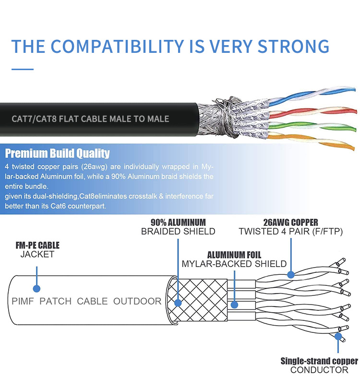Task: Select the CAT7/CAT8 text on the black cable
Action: (32, 118)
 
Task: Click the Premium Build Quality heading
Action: (57, 154)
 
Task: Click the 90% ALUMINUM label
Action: (178, 222)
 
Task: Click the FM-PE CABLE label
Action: (37, 245)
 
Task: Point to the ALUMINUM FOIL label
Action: (234, 255)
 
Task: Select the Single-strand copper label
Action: (319, 361)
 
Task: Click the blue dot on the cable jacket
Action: (36, 288)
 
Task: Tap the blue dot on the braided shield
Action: (178, 303)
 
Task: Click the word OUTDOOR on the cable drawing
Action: (137, 301)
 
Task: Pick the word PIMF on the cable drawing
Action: (22, 301)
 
